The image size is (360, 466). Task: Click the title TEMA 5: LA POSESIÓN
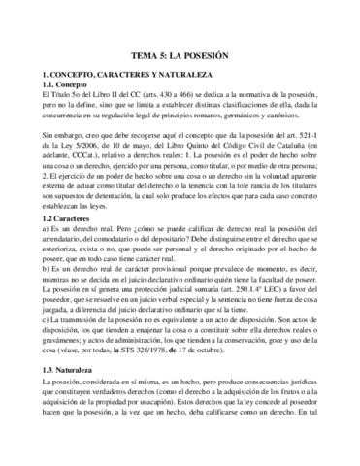[x=180, y=57]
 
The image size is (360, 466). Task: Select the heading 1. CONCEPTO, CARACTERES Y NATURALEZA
[x=116, y=76]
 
